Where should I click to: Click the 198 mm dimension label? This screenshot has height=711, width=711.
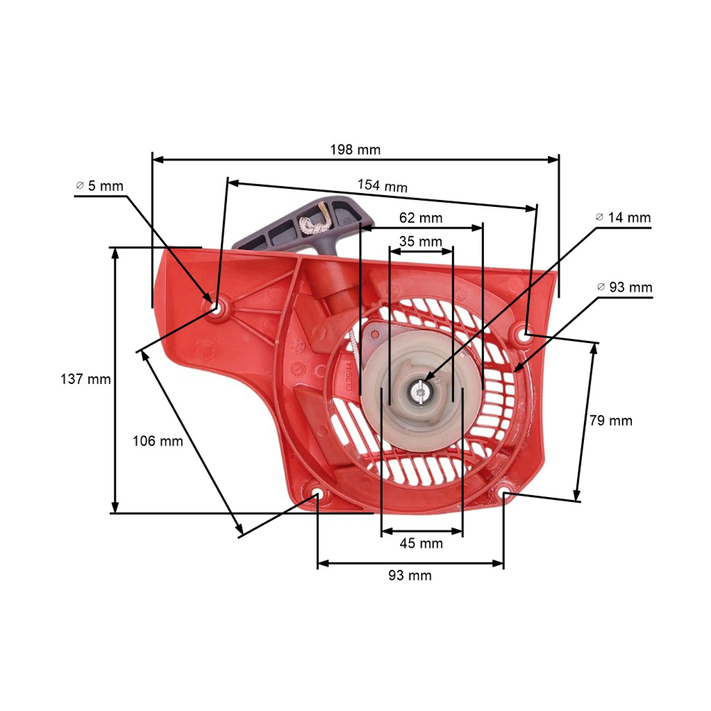[355, 150]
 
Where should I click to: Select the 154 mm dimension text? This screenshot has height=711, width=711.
[383, 186]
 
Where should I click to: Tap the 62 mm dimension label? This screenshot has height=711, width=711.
[421, 218]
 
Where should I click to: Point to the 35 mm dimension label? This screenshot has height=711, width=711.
[421, 242]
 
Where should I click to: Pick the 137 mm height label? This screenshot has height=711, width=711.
[85, 379]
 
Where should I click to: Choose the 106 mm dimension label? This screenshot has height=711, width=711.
[158, 441]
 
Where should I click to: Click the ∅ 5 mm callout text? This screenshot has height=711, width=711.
[99, 186]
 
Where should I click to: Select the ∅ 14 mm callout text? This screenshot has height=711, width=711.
[623, 218]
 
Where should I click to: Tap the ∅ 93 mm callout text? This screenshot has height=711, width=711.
[624, 287]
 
